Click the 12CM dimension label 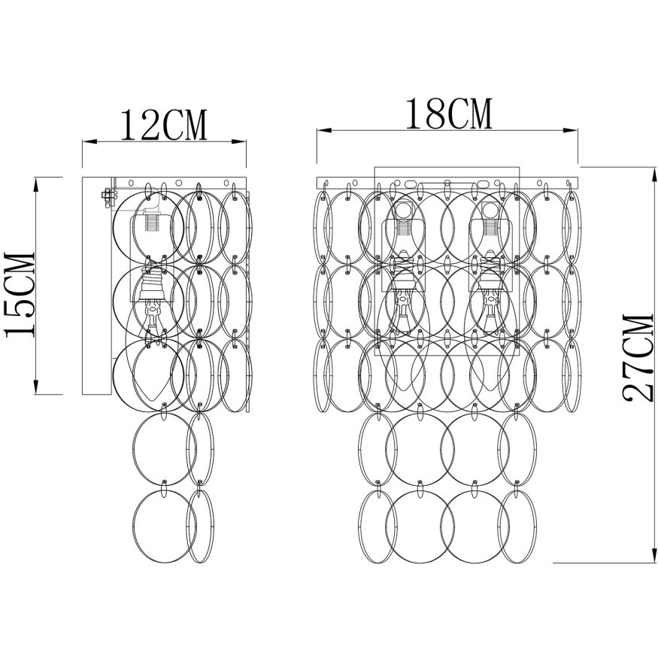coord(164,125)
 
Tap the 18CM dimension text coord(448,114)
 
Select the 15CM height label coord(20,295)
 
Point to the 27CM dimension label coord(638,357)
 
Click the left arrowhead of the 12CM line coord(89,142)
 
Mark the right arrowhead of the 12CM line coord(239,142)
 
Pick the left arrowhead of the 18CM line coord(324,131)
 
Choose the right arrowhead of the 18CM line coord(571,131)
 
